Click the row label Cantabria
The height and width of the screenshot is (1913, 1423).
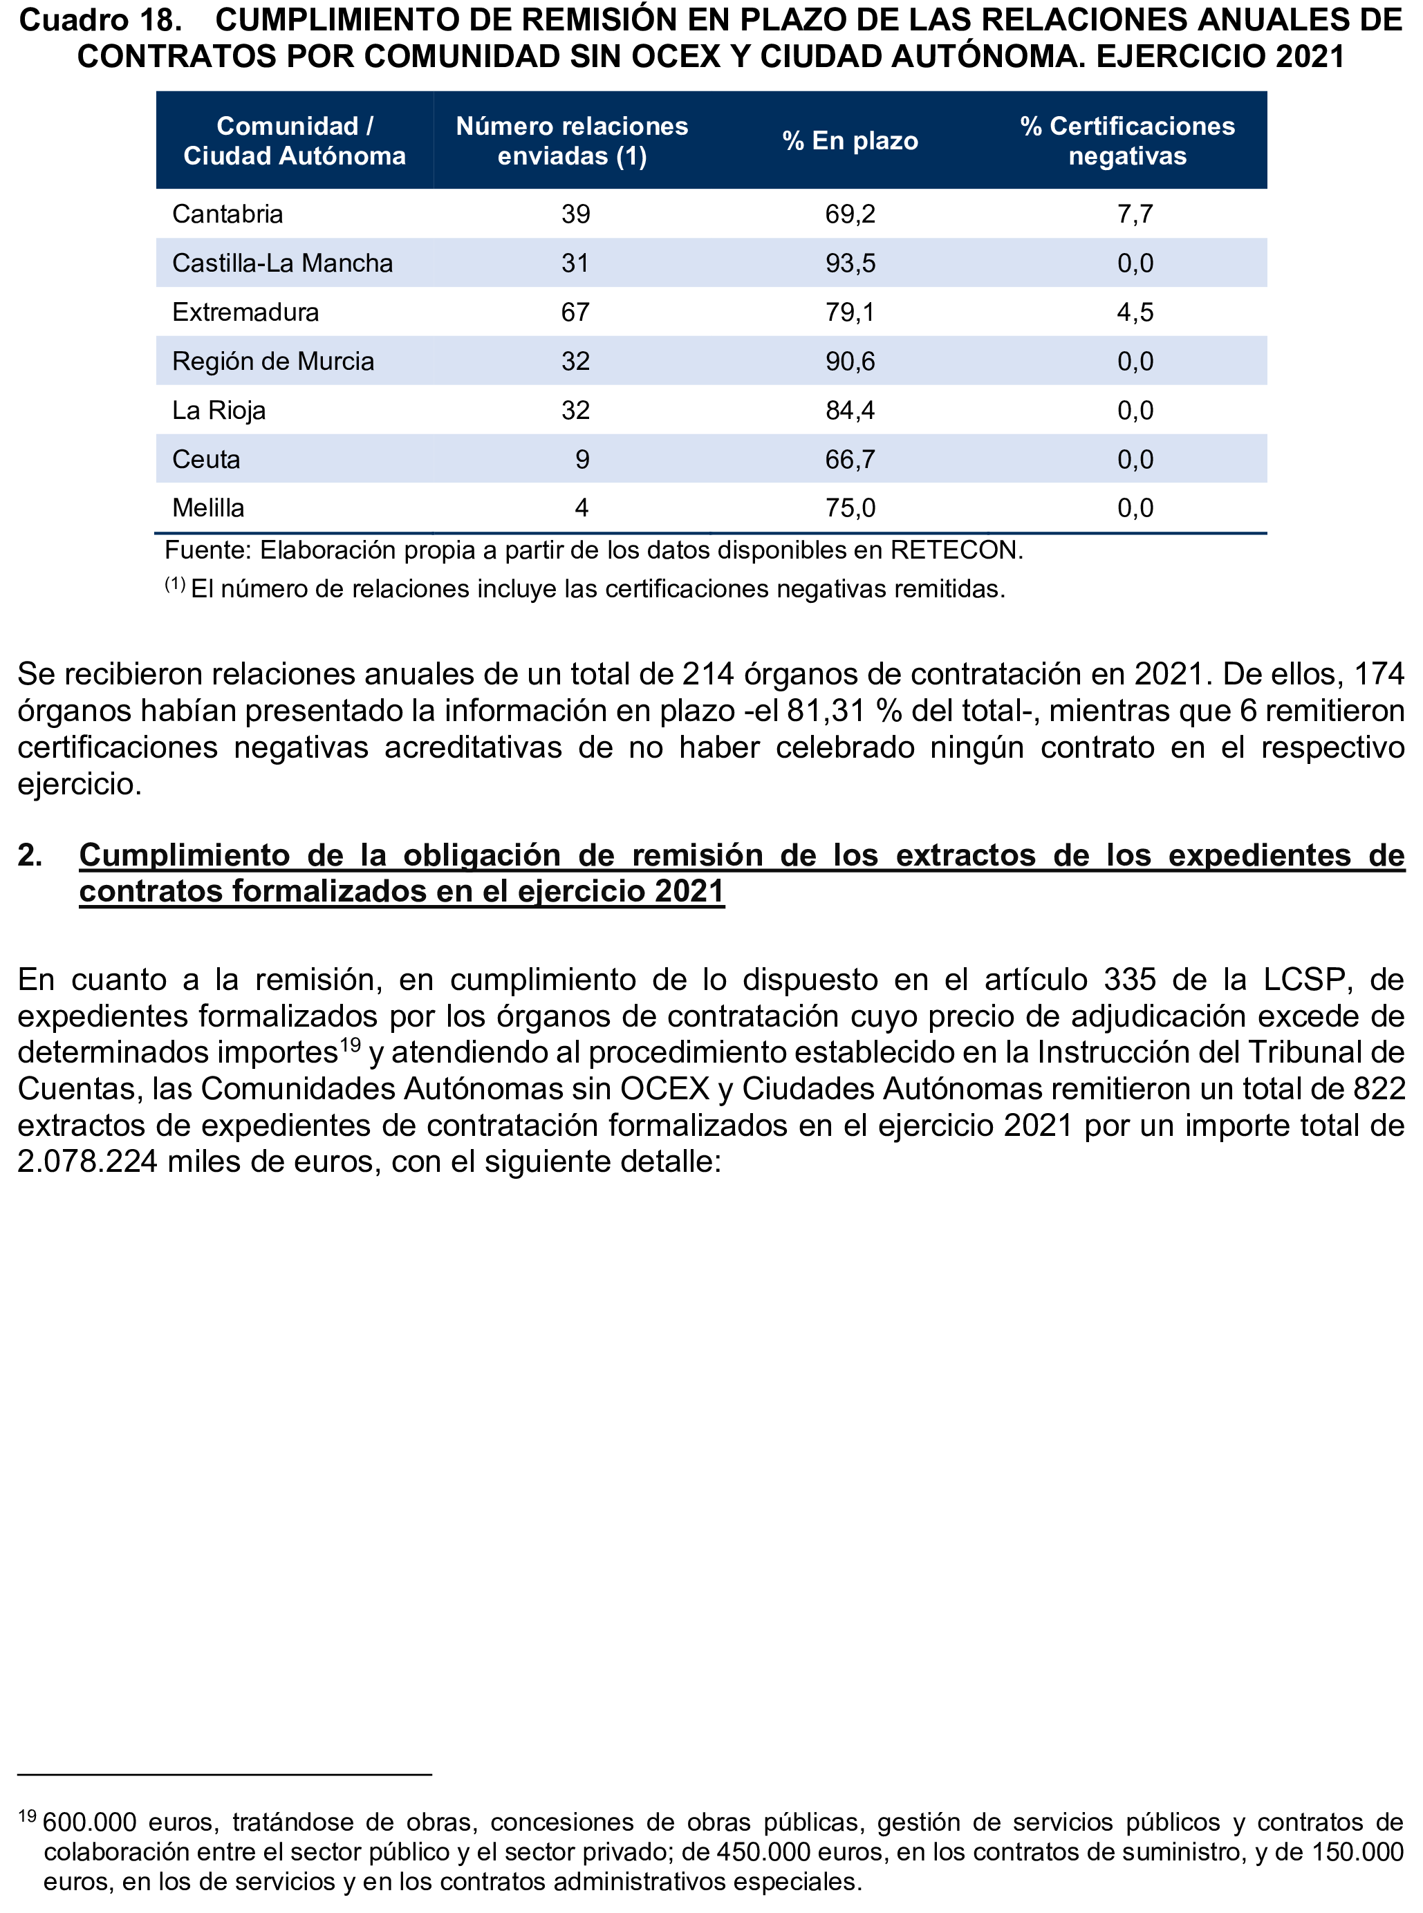(227, 214)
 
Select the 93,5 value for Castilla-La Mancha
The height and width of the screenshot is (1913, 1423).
(850, 263)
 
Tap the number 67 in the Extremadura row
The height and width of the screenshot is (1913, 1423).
(575, 312)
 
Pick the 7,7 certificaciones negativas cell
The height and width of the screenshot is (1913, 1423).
(1135, 214)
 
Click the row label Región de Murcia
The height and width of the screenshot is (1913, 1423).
(273, 361)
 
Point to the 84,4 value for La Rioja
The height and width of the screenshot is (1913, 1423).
(850, 410)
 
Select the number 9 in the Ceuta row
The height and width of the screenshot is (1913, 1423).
(582, 459)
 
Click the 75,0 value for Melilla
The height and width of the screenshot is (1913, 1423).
(850, 508)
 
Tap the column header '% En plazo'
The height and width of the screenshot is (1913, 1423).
(850, 140)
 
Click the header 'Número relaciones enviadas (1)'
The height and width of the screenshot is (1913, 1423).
(572, 140)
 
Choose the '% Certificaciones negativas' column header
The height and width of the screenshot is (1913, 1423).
(1128, 140)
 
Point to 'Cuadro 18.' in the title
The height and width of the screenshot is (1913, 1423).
(100, 19)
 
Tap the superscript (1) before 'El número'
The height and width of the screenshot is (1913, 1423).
(175, 585)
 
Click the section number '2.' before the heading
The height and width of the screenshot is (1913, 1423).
(30, 855)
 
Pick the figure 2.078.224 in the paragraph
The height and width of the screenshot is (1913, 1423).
(87, 1161)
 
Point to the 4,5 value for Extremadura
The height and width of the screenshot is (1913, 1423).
(1135, 312)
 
